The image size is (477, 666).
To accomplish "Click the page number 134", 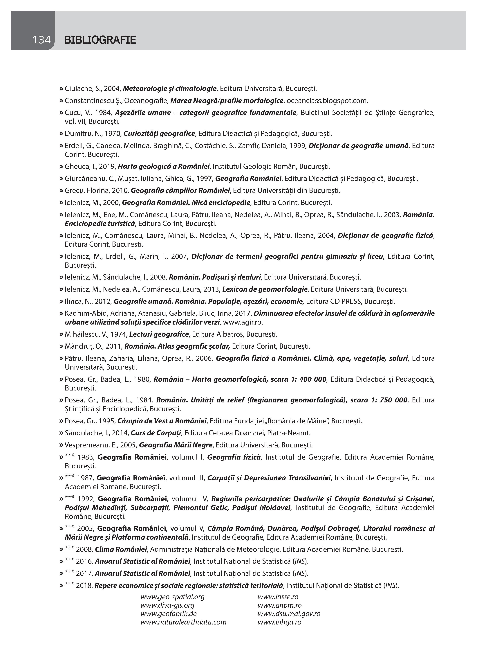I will (x=41, y=40).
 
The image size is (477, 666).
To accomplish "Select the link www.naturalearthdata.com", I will (x=183, y=622).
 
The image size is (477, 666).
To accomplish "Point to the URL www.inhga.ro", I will (x=279, y=622).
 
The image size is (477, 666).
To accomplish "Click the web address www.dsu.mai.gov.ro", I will (x=289, y=613).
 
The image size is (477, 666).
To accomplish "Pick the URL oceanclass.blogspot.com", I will (x=327, y=101).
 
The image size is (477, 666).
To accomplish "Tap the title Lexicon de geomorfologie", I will (x=265, y=289).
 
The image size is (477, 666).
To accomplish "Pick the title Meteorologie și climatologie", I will (x=170, y=88).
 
